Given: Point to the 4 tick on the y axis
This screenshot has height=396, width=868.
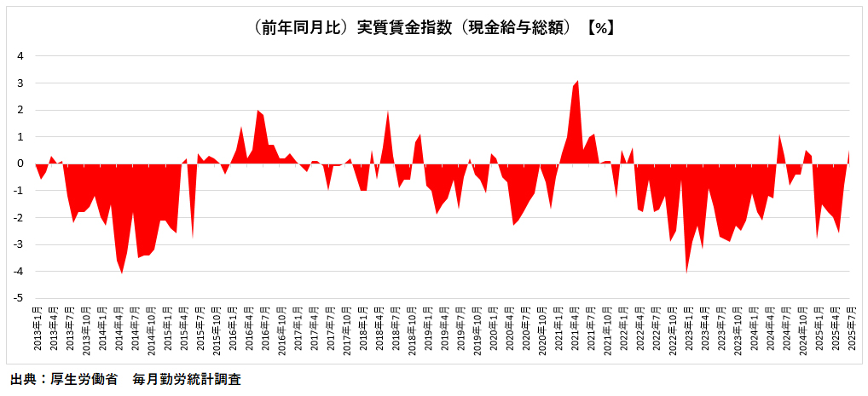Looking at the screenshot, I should pyautogui.click(x=21, y=56).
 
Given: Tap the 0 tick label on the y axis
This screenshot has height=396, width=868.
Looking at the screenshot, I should pyautogui.click(x=21, y=164).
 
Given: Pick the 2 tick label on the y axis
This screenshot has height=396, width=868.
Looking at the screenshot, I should pyautogui.click(x=21, y=110).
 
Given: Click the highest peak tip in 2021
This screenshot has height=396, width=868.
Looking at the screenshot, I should pyautogui.click(x=578, y=82).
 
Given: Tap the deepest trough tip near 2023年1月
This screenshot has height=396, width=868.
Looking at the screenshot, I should pyautogui.click(x=687, y=272).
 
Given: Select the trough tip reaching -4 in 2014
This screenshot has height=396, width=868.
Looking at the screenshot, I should pyautogui.click(x=122, y=273).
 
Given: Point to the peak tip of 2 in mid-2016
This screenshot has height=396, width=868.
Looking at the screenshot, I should pyautogui.click(x=258, y=111).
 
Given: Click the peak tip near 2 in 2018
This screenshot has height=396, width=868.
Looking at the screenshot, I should pyautogui.click(x=388, y=112).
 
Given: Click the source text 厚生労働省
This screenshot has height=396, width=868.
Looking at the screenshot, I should pyautogui.click(x=85, y=379).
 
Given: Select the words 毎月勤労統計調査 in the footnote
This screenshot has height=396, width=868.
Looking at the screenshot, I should pyautogui.click(x=187, y=379).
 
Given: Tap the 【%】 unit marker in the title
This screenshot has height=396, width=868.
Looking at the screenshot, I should pyautogui.click(x=601, y=27).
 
